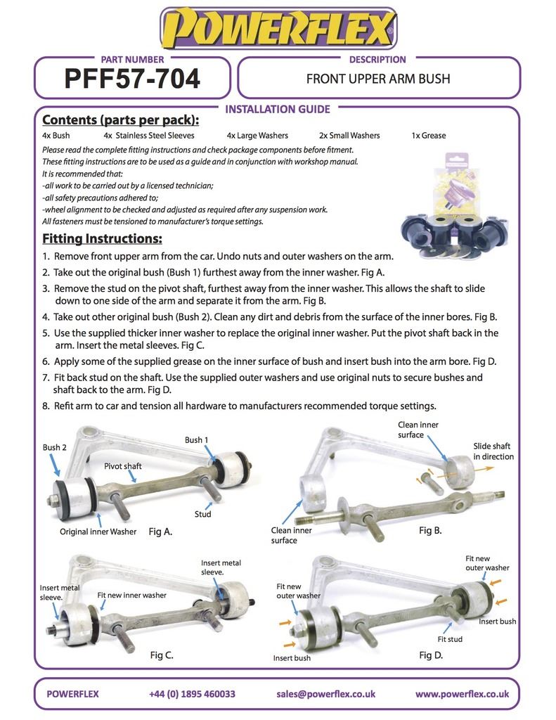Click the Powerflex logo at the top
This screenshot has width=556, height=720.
click(278, 29)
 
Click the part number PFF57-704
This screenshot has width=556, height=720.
click(132, 79)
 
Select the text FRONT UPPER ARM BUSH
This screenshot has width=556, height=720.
click(378, 79)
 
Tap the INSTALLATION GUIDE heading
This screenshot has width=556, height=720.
click(277, 109)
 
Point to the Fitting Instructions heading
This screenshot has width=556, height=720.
click(102, 238)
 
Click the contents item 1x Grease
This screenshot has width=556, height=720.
click(428, 136)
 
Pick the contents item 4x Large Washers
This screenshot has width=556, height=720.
click(257, 136)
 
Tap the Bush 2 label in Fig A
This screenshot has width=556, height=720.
click(55, 447)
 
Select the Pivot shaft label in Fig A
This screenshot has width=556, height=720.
click(123, 466)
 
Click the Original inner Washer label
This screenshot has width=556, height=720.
click(98, 532)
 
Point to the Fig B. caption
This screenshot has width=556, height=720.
click(430, 530)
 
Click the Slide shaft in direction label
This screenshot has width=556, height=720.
click(493, 451)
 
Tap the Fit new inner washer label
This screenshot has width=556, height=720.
click(132, 595)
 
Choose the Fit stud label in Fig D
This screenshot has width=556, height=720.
click(450, 639)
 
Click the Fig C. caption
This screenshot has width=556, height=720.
click(162, 655)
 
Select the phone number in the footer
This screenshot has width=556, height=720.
click(192, 694)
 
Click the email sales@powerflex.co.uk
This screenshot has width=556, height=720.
click(325, 694)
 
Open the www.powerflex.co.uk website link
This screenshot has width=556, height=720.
click(462, 694)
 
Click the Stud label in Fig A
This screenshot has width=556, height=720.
click(202, 514)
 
